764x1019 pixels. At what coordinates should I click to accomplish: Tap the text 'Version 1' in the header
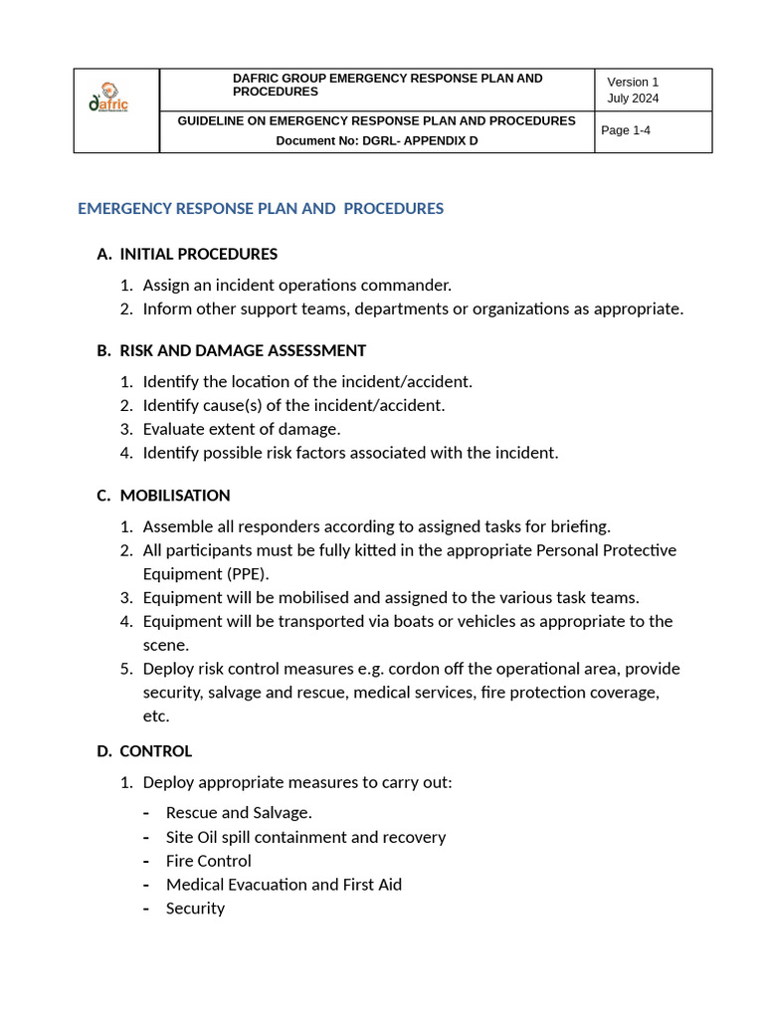pos(633,82)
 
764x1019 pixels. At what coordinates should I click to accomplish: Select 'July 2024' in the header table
pos(633,98)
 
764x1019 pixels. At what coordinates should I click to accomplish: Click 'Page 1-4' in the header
pos(626,130)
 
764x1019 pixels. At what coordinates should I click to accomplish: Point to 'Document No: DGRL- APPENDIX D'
pos(376,140)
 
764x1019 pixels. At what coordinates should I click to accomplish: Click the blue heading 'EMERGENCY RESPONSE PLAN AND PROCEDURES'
pos(261,208)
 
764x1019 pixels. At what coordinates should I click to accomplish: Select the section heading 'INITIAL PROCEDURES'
pos(198,254)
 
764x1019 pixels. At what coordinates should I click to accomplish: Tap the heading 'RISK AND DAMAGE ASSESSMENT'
pos(243,350)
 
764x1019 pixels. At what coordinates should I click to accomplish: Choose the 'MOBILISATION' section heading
pos(175,495)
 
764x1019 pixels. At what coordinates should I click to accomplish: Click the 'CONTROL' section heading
pos(156,750)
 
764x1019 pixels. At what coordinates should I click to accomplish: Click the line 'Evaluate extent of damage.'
pos(242,429)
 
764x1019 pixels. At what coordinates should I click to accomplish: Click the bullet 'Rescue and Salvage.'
pos(239,813)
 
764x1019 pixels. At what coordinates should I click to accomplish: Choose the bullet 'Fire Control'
pos(209,861)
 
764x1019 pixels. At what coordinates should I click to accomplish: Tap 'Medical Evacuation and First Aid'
pos(284,884)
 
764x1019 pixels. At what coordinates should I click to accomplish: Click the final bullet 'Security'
pos(195,908)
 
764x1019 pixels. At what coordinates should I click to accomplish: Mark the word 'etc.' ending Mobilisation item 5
pos(156,715)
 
